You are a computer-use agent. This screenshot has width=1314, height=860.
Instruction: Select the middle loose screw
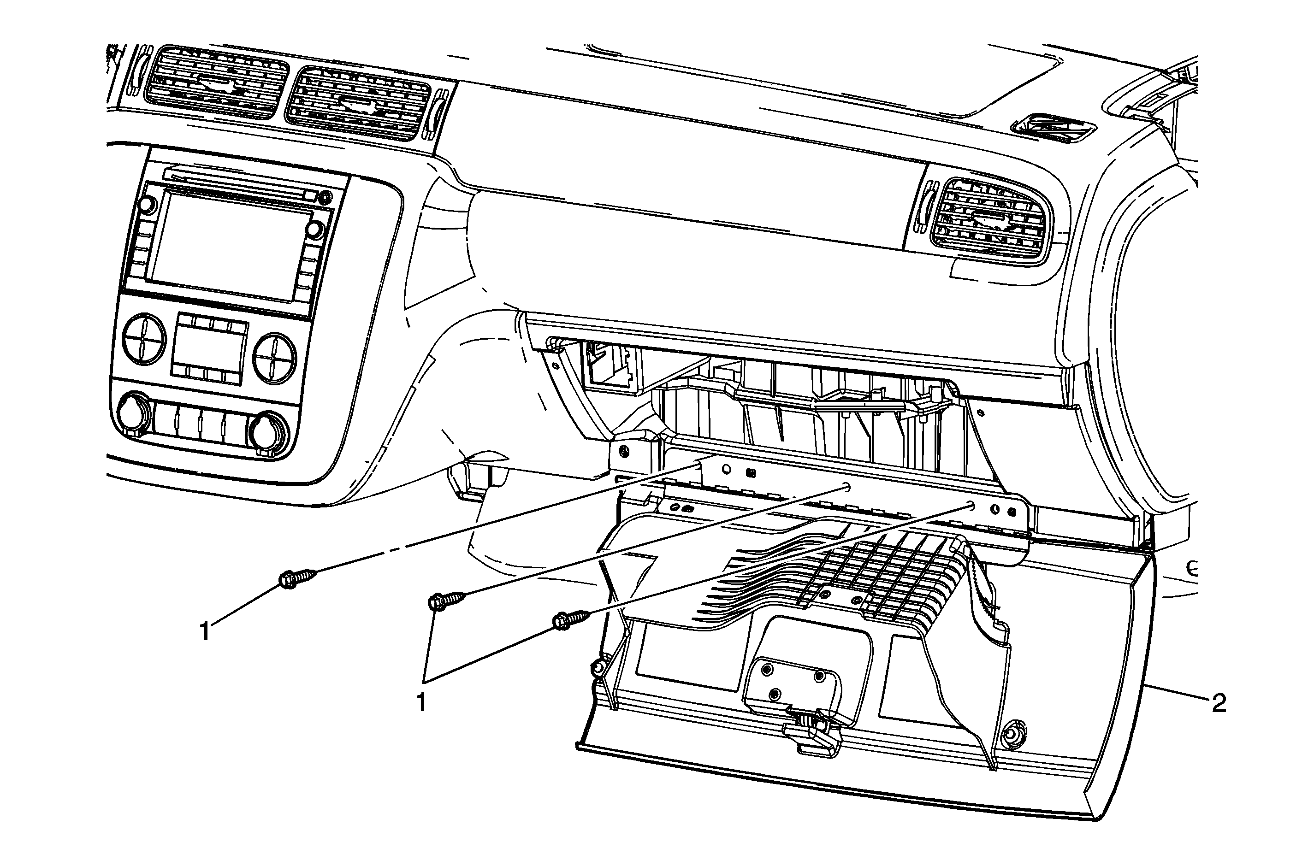pyautogui.click(x=446, y=600)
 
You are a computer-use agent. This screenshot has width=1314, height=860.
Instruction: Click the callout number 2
pyautogui.click(x=1219, y=703)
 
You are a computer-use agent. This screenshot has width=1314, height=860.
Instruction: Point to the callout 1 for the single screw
pyautogui.click(x=205, y=631)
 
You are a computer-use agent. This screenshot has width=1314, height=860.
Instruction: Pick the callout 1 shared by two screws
pyautogui.click(x=422, y=703)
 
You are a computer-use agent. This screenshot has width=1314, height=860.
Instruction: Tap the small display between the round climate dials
pyautogui.click(x=210, y=346)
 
